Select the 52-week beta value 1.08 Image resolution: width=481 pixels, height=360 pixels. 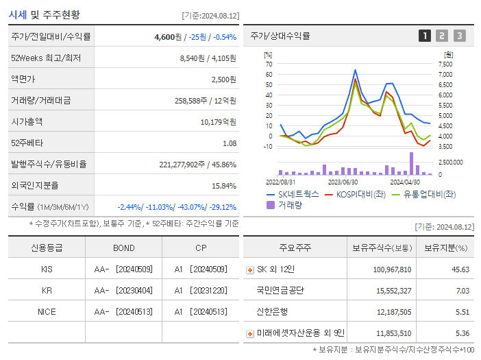point(229,143)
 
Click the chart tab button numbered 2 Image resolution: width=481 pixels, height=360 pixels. point(442,36)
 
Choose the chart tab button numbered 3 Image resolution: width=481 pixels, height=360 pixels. point(459,36)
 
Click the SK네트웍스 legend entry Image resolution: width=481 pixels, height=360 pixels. point(293,194)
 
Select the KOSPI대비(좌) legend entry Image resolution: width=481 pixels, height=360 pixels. point(357,194)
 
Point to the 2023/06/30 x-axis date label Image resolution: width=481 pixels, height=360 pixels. point(343,182)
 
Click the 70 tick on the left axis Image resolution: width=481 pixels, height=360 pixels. point(269,64)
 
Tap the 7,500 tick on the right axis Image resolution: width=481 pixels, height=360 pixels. point(445,64)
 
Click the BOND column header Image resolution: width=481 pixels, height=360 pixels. point(124,248)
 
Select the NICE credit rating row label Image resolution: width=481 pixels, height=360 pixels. point(47,311)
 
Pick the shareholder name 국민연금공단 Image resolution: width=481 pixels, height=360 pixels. point(280,290)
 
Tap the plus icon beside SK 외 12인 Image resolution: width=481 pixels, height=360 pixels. point(250,269)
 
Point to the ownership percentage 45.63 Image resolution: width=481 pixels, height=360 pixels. point(460,269)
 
